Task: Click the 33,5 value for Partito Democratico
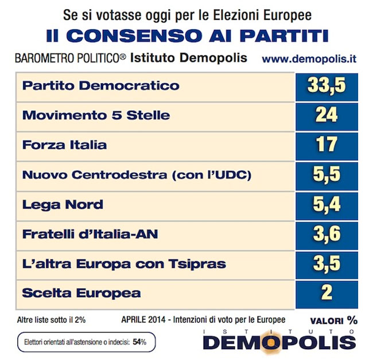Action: click(x=327, y=86)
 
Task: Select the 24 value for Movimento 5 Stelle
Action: click(x=327, y=115)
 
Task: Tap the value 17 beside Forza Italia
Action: click(x=327, y=145)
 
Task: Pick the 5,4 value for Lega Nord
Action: click(x=327, y=204)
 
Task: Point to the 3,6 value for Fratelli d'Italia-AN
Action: click(x=327, y=234)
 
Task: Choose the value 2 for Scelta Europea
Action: click(x=327, y=293)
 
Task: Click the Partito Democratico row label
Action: click(x=100, y=86)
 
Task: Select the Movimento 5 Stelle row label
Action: click(x=96, y=115)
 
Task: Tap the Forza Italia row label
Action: click(x=64, y=145)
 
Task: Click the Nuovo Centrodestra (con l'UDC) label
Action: click(x=137, y=175)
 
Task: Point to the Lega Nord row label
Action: click(x=63, y=205)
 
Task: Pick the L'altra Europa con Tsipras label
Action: click(x=124, y=264)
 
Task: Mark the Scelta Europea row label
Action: click(x=81, y=293)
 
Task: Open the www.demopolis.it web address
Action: click(x=309, y=59)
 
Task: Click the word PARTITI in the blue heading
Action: click(x=284, y=36)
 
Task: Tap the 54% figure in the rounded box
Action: click(x=139, y=342)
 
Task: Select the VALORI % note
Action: click(x=334, y=320)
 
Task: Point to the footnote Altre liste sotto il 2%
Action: click(x=51, y=320)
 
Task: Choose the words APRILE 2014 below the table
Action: click(x=143, y=319)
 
